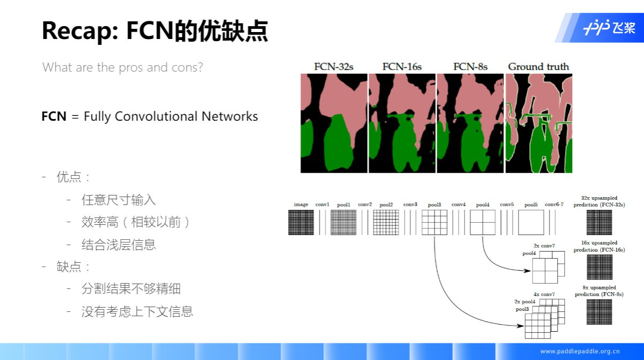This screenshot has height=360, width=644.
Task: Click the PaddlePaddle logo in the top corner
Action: [609, 28]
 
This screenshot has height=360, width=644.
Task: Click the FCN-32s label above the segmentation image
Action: [334, 67]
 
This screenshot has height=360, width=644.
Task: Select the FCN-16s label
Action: [402, 67]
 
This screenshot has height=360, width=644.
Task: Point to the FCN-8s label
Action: [470, 67]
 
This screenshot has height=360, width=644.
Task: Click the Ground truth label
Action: [538, 67]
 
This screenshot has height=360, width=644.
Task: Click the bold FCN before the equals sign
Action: [54, 116]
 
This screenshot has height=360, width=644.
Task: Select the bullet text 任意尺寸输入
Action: [119, 200]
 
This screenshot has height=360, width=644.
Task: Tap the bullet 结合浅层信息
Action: [119, 245]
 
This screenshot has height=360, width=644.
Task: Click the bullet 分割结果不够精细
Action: [131, 289]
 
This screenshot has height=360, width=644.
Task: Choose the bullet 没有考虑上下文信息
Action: [137, 311]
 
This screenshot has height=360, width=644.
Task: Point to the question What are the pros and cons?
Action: [122, 67]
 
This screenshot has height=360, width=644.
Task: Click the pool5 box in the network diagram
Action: [531, 222]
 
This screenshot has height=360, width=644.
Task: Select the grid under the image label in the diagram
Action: [301, 222]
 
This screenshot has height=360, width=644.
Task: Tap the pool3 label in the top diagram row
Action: [434, 205]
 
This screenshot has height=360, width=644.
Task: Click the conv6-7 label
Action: [554, 205]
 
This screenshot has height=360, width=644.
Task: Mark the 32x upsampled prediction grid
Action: [599, 222]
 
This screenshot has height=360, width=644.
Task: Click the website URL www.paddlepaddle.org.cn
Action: [580, 351]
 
